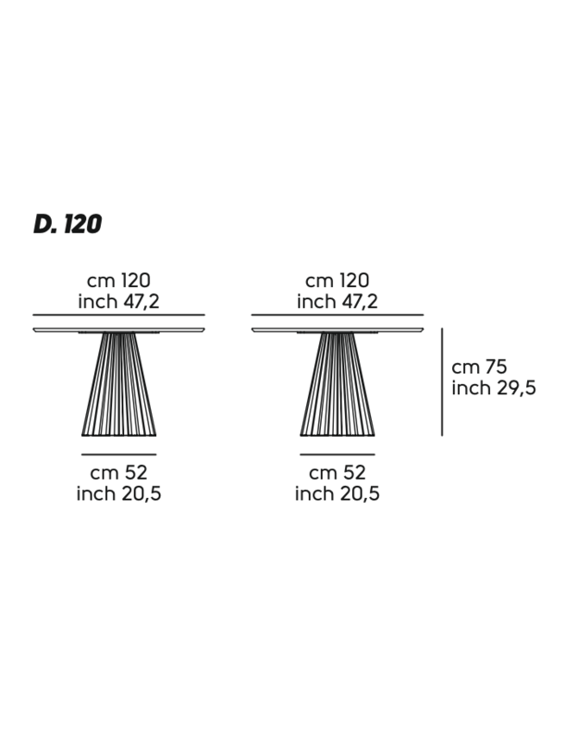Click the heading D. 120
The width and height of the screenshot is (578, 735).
pos(68,224)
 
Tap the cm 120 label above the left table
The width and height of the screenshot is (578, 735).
pos(118,280)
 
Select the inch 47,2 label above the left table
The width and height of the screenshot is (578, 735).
pos(118,301)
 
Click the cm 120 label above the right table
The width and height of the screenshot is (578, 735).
pos(337,280)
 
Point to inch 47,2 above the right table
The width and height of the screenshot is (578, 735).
pos(337,301)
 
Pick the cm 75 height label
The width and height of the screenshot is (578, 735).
pos(479,367)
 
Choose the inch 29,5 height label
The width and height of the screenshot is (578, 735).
pos(493,388)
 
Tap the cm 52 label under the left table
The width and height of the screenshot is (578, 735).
pos(118,472)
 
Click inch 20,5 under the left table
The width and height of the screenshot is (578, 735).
pos(118,493)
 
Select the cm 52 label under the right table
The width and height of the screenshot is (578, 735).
pos(337,472)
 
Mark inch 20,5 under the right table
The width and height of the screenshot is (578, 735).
pos(337,493)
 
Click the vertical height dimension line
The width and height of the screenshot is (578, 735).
pos(442,381)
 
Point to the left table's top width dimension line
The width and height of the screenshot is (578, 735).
pos(118,315)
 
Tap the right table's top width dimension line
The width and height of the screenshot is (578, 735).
pos(337,315)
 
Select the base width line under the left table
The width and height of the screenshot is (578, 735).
pos(118,455)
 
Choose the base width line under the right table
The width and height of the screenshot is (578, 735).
pos(337,455)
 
